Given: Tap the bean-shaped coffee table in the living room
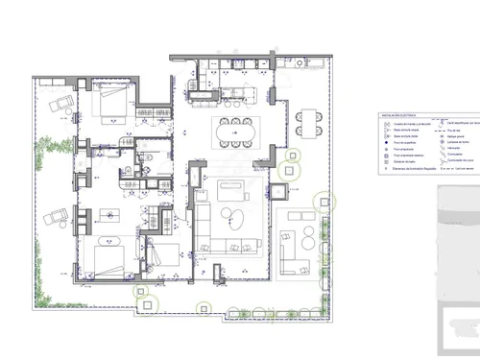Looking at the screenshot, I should (238, 218).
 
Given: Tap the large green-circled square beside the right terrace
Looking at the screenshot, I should (327, 202).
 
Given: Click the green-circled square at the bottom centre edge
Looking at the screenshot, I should (204, 308).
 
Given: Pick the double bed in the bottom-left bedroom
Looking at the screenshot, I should (106, 255).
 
